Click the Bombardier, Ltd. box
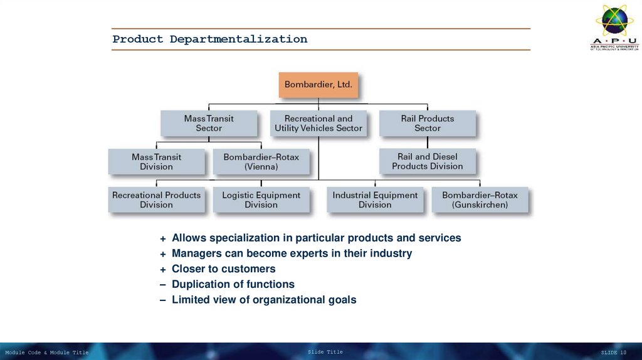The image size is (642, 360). coord(318,84)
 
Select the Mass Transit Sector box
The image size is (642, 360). coord(209,123)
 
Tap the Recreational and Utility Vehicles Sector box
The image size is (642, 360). coord(318,123)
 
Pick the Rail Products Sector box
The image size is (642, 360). coord(428,123)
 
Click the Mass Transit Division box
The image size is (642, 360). coord(156,161)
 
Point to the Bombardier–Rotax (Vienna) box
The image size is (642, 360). coord(261,161)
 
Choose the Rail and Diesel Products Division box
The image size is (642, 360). coord(428,161)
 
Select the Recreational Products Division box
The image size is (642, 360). coord(156,199)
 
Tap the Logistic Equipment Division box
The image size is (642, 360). coord(261,199)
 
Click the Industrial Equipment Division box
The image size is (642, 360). coord(375,199)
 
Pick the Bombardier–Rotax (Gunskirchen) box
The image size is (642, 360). coord(480,199)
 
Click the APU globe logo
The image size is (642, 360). coord(614,21)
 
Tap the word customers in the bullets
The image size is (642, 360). coord(248,269)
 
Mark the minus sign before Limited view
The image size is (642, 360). coord(163,300)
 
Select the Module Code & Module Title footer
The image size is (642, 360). coord(47,352)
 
